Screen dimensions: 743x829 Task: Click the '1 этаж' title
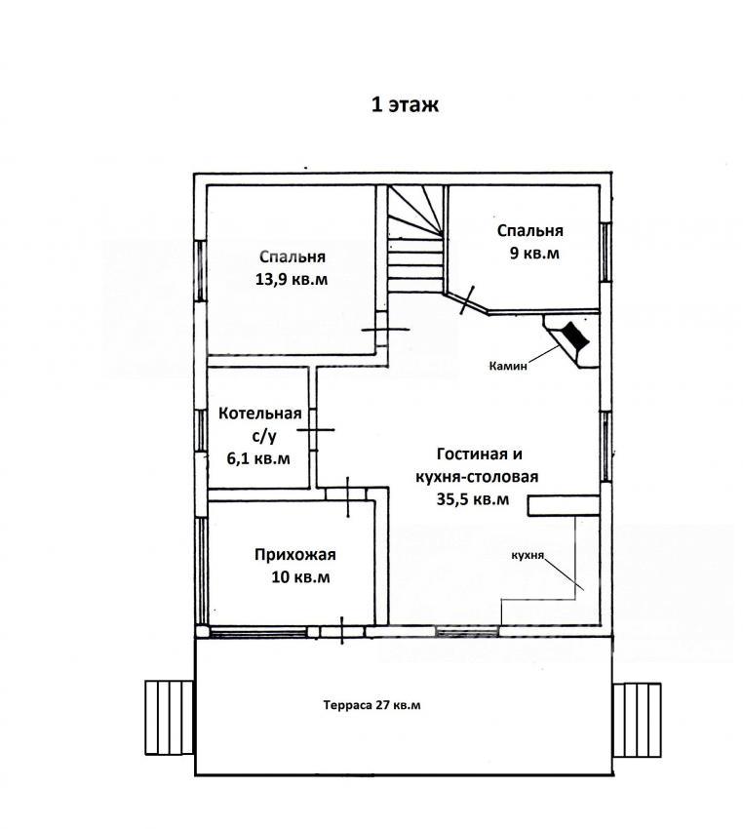pos(405,104)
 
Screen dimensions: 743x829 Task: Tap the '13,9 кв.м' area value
pos(292,279)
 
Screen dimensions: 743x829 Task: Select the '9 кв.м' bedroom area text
pos(534,254)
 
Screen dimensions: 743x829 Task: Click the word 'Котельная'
pos(260,413)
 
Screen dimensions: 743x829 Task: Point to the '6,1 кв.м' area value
pos(258,457)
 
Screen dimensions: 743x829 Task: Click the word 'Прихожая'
pos(295,555)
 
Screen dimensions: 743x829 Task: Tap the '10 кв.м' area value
pos(300,576)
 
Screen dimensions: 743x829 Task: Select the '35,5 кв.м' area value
pos(473,499)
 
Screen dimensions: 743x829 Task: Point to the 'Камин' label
pos(508,366)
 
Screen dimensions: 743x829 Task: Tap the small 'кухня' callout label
pos(528,556)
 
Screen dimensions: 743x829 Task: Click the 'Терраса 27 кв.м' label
pos(372,705)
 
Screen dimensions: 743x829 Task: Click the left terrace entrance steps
pos(169,718)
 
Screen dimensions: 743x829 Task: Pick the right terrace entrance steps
pos(638,720)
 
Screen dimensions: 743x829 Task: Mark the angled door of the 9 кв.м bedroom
pos(467,299)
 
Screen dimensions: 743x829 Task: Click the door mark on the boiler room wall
pos(316,430)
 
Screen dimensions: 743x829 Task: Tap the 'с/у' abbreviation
pos(263,436)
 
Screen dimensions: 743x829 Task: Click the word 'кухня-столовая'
pos(477,477)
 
